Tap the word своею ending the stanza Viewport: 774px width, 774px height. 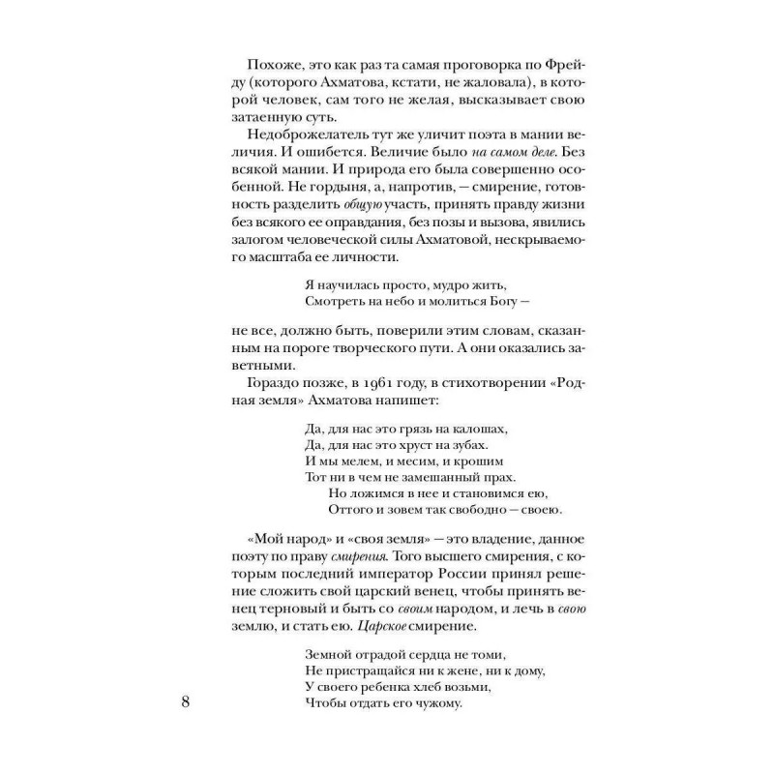point(540,510)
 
